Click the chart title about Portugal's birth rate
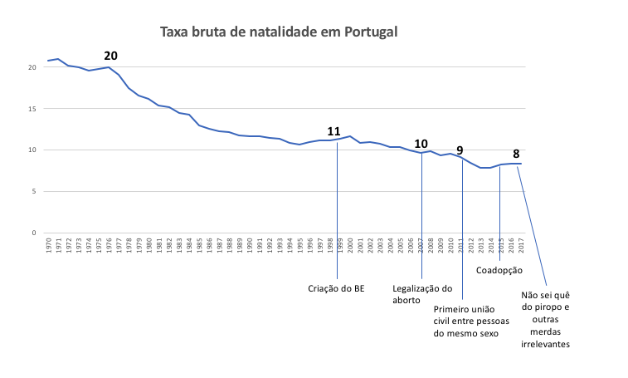click(x=279, y=32)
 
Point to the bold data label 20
click(x=110, y=56)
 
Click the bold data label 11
click(x=334, y=131)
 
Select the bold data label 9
click(x=460, y=150)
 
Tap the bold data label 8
click(x=516, y=154)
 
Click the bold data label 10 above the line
click(x=421, y=143)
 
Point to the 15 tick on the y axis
click(x=32, y=109)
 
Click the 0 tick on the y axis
click(x=35, y=233)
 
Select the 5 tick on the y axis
click(x=35, y=192)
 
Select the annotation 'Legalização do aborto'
click(x=422, y=295)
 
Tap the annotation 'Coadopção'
click(x=499, y=270)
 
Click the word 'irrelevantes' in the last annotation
click(x=545, y=344)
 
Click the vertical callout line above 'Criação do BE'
click(x=337, y=216)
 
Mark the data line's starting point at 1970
click(x=48, y=61)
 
